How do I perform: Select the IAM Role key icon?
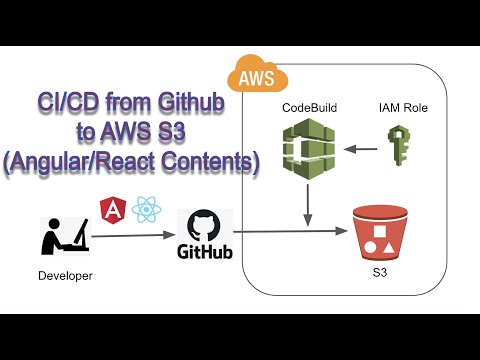click(x=398, y=147)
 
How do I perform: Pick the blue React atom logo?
click(x=146, y=210)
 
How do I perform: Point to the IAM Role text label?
click(x=401, y=105)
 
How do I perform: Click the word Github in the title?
click(x=198, y=103)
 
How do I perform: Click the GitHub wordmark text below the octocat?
click(x=205, y=250)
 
